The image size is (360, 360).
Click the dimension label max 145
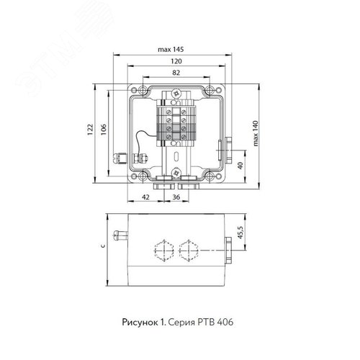coord(171,50)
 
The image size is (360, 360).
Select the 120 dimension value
coord(176,61)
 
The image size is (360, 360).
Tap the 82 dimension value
coord(176,73)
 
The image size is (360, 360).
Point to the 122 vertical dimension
coord(90,130)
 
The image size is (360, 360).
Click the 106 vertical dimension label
coord(103,130)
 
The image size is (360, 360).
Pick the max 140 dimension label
coord(255,133)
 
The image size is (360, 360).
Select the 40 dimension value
coord(240,166)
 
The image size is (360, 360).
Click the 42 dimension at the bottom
coord(145,197)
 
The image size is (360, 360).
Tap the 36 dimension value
coord(176,197)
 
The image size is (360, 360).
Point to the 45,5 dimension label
coord(240,233)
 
